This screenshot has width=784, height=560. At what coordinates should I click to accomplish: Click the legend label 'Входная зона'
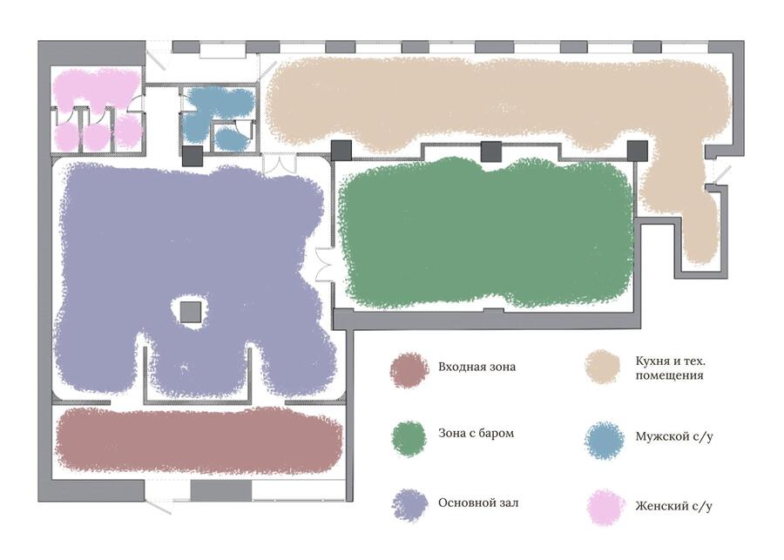(x=476, y=367)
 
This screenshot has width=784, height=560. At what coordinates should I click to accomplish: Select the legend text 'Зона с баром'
(x=476, y=433)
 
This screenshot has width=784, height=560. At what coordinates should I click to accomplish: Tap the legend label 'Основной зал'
(x=478, y=503)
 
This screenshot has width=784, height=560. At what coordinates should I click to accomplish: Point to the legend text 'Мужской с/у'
(x=674, y=436)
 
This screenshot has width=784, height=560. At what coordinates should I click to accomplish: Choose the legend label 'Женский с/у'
(x=673, y=506)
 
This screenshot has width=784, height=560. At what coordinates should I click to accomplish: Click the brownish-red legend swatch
(x=409, y=370)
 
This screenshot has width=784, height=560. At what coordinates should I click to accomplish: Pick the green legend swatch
(x=409, y=438)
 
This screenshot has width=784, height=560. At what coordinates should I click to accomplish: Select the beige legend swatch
(x=603, y=367)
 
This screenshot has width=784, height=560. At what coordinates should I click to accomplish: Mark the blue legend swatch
(x=605, y=441)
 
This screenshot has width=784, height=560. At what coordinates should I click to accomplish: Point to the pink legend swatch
(x=605, y=508)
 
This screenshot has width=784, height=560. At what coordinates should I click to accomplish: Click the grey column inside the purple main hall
(x=191, y=312)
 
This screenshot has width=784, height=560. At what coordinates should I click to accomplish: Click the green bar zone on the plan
(x=485, y=233)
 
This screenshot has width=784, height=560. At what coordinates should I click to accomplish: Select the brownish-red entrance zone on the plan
(x=199, y=441)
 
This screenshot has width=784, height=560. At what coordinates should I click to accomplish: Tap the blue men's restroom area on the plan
(x=218, y=118)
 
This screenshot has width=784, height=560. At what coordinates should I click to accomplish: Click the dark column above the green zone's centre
(x=490, y=152)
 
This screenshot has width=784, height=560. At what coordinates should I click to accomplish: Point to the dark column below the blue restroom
(x=192, y=156)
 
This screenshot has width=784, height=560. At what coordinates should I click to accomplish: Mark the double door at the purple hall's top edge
(x=280, y=165)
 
